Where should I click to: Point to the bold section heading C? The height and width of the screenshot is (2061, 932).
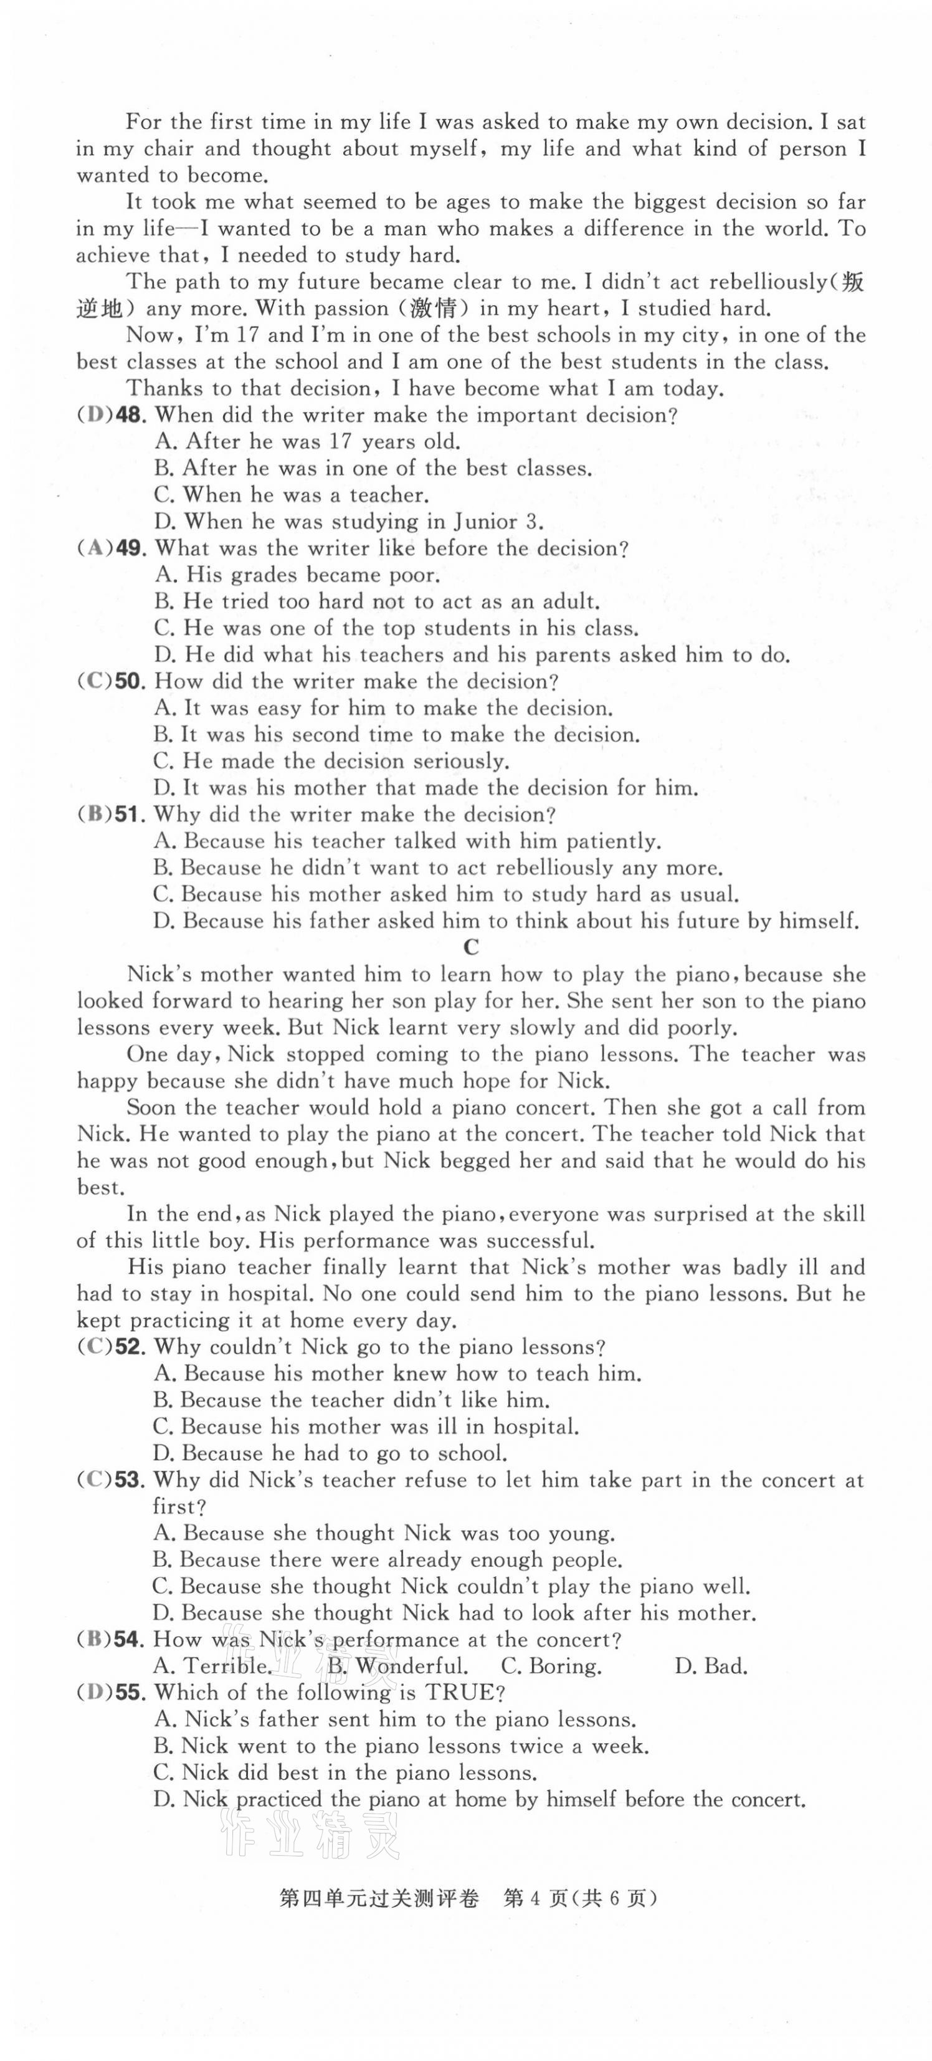point(471,947)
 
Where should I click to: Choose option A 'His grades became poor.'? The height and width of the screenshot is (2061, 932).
point(297,575)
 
